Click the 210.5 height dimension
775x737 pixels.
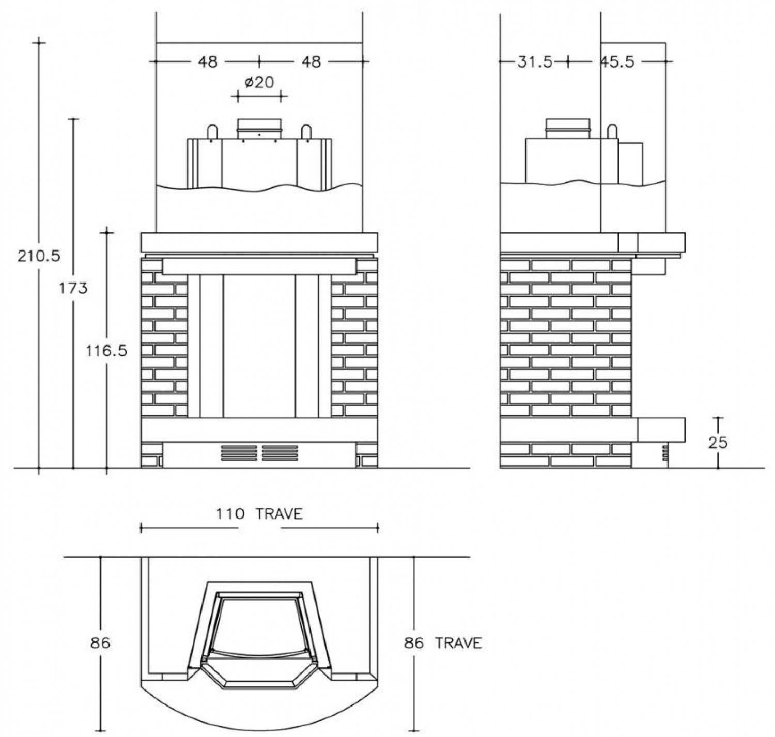[39, 256]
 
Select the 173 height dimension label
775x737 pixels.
[73, 289]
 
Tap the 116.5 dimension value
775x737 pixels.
[107, 351]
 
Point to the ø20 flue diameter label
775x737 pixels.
[259, 82]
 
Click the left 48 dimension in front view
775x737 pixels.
[207, 62]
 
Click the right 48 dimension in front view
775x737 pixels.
[311, 62]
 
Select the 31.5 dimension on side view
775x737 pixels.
[535, 62]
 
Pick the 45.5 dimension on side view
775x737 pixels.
[617, 62]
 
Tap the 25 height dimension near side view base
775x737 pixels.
[718, 443]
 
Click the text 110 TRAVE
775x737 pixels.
[259, 514]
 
